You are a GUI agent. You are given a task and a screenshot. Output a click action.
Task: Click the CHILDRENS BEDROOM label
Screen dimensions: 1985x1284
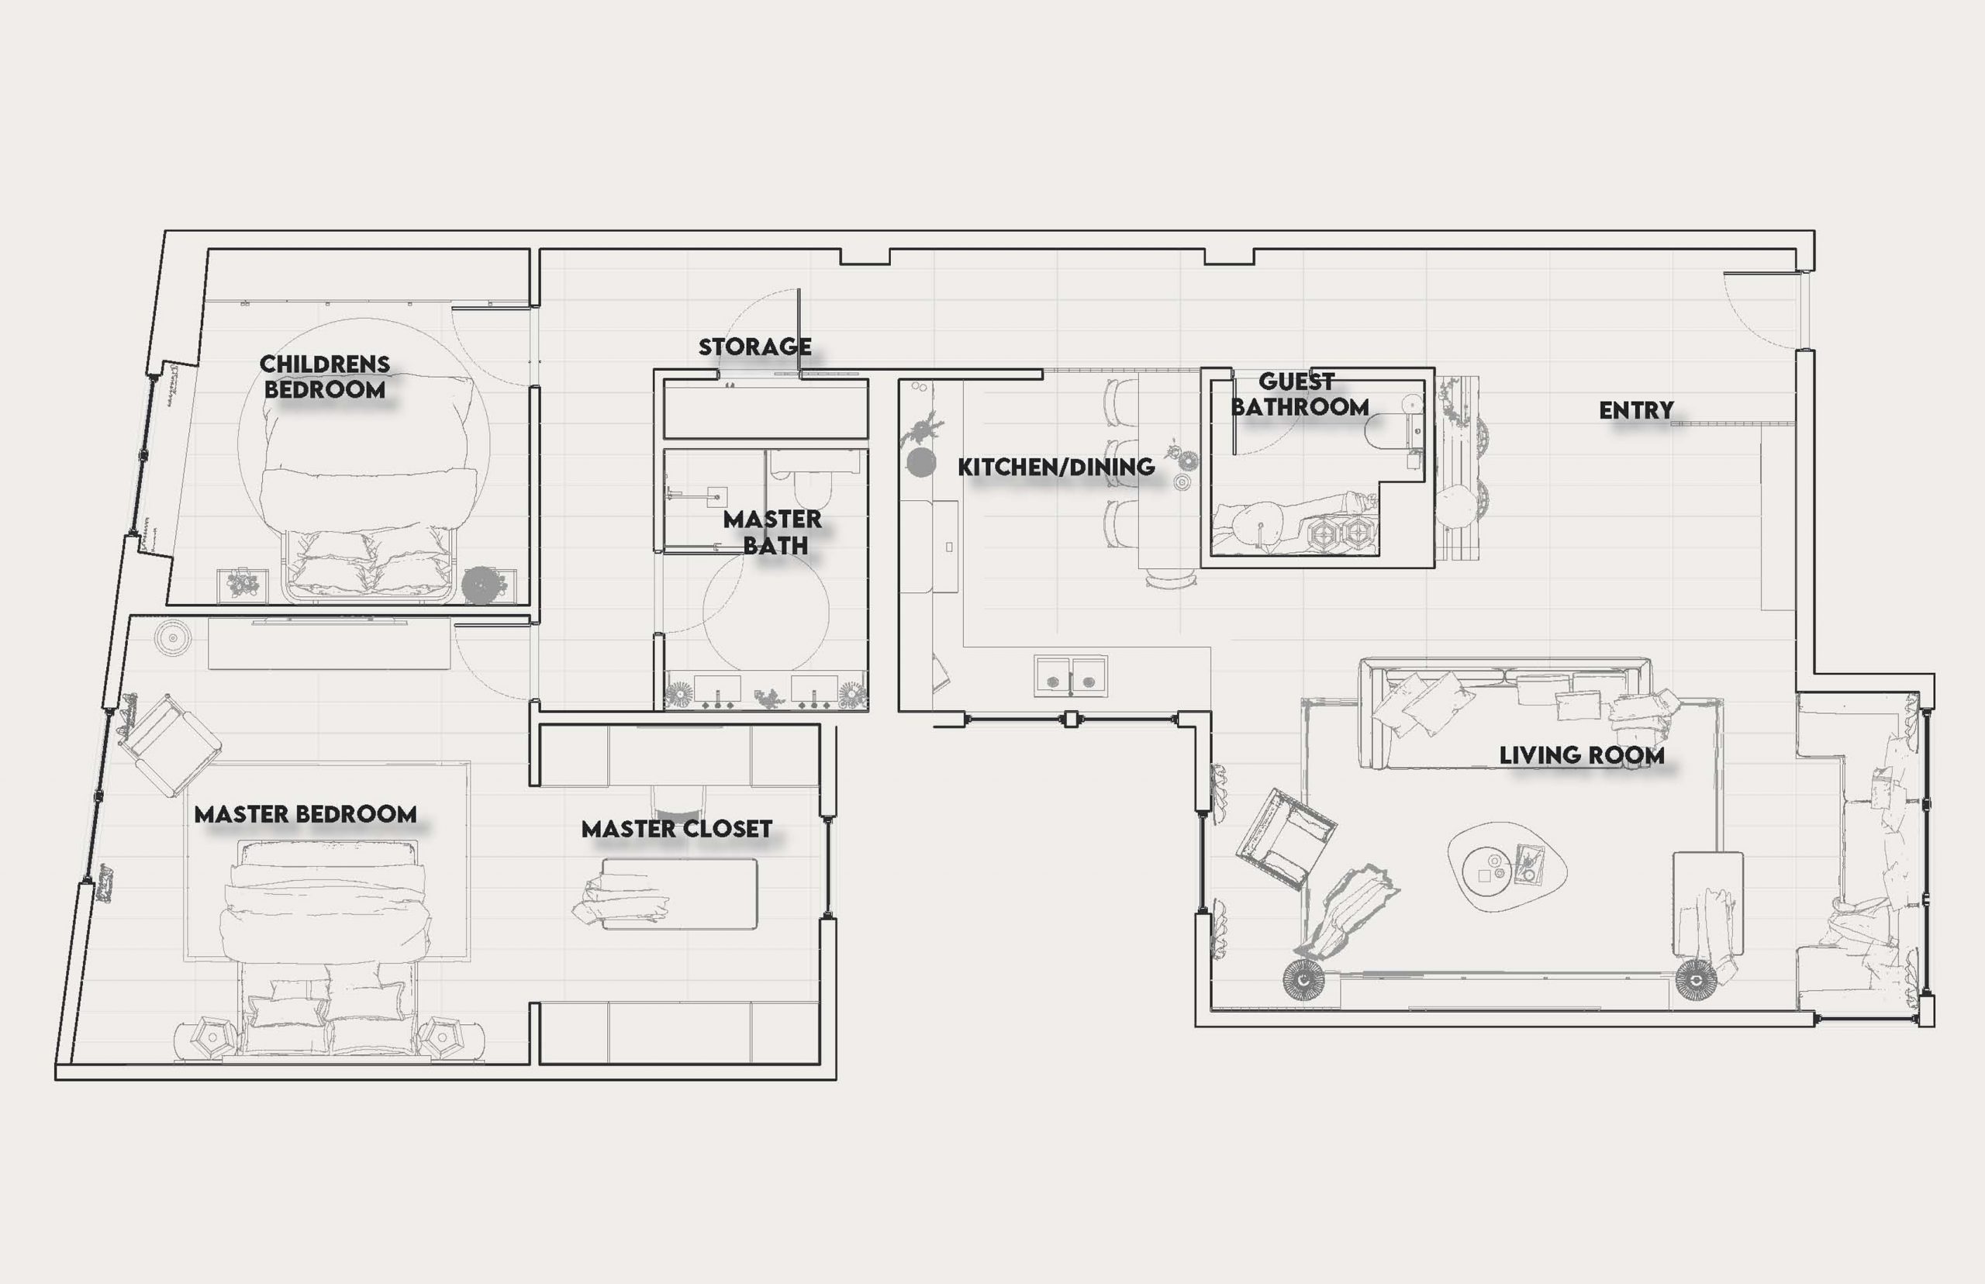click(x=324, y=376)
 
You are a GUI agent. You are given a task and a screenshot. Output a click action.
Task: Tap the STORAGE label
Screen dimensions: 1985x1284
click(x=754, y=346)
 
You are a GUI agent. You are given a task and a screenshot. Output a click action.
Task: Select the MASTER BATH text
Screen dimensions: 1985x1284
click(x=772, y=532)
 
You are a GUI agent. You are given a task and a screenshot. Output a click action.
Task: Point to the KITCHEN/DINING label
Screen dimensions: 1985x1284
click(x=1055, y=467)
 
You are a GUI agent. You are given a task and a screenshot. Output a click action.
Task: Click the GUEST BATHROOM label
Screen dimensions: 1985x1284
click(x=1299, y=395)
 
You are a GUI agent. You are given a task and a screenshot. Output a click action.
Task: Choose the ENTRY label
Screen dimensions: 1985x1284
click(x=1636, y=410)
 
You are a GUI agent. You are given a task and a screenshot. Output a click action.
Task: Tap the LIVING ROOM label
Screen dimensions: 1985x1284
click(x=1582, y=755)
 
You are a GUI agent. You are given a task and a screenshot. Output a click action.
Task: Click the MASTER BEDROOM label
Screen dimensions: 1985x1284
click(x=306, y=814)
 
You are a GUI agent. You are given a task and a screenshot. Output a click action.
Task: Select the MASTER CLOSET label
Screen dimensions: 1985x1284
click(x=676, y=829)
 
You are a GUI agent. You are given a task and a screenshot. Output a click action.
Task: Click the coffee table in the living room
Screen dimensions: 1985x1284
click(x=1507, y=867)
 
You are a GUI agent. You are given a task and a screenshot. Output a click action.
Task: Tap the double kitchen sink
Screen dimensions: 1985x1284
click(x=1071, y=675)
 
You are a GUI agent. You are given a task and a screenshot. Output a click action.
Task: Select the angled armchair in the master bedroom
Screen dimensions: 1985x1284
click(x=169, y=744)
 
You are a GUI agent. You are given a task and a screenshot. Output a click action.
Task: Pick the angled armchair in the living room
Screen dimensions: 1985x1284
click(x=1286, y=837)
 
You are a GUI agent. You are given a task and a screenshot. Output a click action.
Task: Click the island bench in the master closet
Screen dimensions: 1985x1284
click(x=678, y=894)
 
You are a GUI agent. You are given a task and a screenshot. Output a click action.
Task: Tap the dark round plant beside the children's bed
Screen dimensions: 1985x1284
click(x=480, y=585)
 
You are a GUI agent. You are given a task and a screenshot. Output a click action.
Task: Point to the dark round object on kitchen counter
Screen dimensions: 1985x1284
click(x=920, y=463)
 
